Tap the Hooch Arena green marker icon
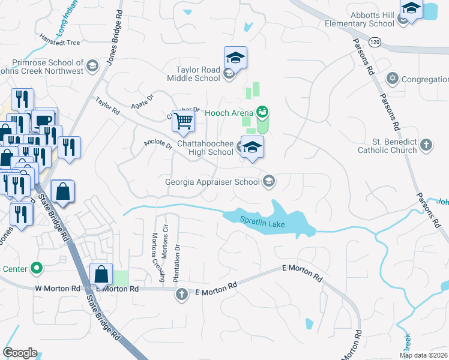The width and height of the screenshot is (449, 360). pyautogui.click(x=262, y=112)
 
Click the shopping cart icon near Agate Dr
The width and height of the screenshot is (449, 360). pyautogui.click(x=183, y=120)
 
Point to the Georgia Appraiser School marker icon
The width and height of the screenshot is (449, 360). pyautogui.click(x=270, y=181)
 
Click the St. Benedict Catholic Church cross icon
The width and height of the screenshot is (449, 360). pyautogui.click(x=426, y=145)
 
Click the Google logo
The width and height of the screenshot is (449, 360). pyautogui.click(x=20, y=353)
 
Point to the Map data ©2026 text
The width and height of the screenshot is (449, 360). pyautogui.click(x=423, y=355)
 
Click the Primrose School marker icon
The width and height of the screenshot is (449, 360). pyautogui.click(x=92, y=65)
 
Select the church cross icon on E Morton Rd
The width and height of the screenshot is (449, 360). pyautogui.click(x=182, y=294)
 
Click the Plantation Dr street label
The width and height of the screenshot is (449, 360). pyautogui.click(x=177, y=262)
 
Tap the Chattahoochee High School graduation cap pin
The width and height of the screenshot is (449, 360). pyautogui.click(x=252, y=148)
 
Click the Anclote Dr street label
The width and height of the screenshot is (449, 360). pyautogui.click(x=158, y=145)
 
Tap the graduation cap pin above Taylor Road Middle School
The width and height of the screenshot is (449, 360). pyautogui.click(x=236, y=58)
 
